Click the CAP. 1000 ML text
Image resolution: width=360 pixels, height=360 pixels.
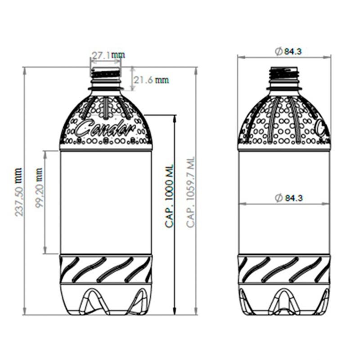tap(169, 196)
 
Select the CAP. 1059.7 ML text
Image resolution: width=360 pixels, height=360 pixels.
tap(191, 192)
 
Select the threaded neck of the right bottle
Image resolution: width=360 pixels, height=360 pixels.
tap(284, 74)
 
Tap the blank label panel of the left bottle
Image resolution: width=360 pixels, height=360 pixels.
tap(106, 202)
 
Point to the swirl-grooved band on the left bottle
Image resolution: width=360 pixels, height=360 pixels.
tap(106, 269)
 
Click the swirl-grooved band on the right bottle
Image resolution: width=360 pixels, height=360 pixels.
tap(284, 269)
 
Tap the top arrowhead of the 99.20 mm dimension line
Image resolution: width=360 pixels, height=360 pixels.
tap(45, 153)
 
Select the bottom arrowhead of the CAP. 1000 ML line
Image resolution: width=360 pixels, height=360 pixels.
tap(175, 311)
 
